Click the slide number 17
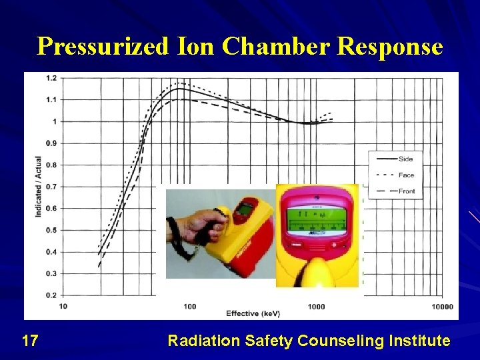click(29, 341)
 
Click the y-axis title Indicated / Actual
click(38, 187)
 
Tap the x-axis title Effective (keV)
click(253, 313)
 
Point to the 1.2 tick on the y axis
click(51, 78)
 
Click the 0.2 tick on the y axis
click(51, 295)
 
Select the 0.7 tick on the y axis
click(51, 187)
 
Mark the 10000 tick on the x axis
click(442, 307)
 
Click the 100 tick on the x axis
click(190, 307)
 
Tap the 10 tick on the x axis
click(63, 307)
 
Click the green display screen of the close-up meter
click(317, 220)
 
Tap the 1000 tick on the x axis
click(316, 307)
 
